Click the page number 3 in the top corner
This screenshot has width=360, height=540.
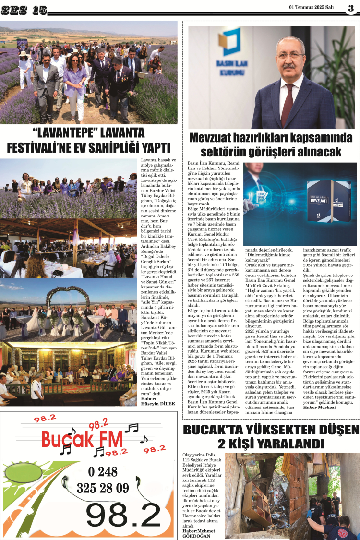pos(351,8)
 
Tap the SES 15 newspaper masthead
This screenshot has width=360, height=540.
pos(24,10)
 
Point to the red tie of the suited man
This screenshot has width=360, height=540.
pos(288,106)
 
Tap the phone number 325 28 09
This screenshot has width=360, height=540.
pos(102,489)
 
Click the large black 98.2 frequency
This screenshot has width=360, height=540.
pos(123,516)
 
